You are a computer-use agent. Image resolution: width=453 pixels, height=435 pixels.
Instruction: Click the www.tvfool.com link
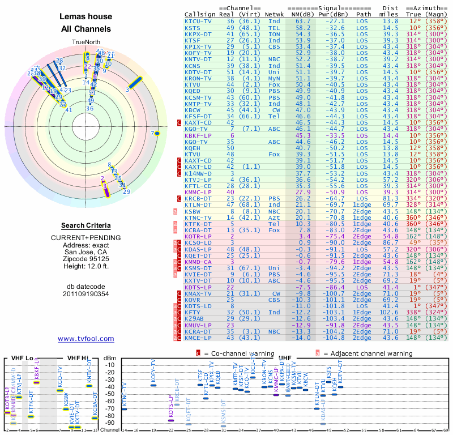(86, 339)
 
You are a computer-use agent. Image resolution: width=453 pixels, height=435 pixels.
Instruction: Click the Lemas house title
(86, 16)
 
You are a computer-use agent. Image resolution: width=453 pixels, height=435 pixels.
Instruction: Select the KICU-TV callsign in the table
(199, 20)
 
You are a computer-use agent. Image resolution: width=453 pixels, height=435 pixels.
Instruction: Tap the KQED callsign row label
(196, 91)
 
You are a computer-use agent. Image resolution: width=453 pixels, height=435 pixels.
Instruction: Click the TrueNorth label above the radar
(86, 42)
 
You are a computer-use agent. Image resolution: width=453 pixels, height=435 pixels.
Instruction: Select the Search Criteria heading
(86, 225)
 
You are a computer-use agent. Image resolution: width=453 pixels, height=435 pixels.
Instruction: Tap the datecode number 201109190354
(86, 294)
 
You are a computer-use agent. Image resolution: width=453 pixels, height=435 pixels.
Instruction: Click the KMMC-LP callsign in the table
(198, 192)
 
